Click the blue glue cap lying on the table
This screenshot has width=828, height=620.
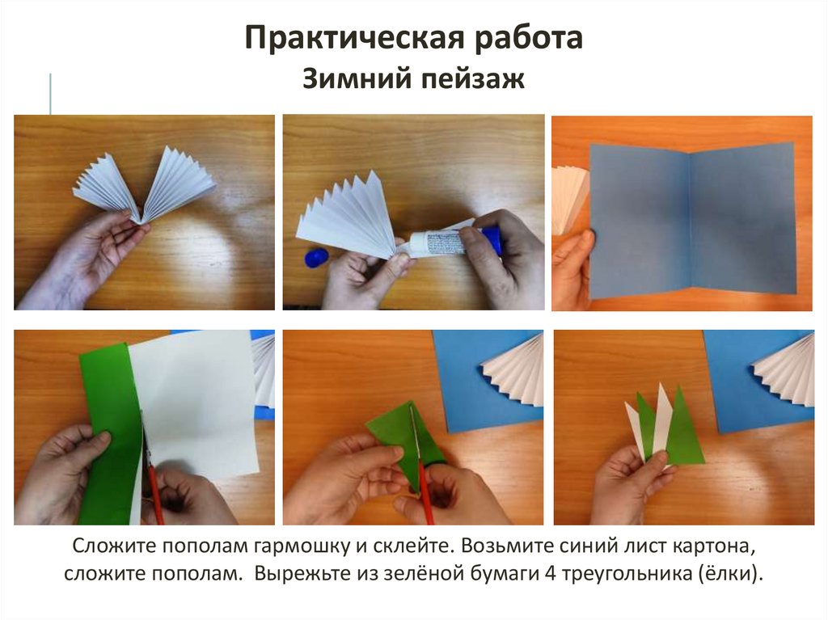click(x=317, y=259)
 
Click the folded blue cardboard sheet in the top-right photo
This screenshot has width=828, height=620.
click(x=692, y=221)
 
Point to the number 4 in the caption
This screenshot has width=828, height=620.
click(x=550, y=573)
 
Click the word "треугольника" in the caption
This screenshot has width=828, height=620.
click(x=627, y=574)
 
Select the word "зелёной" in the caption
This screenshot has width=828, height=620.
click(x=420, y=573)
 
